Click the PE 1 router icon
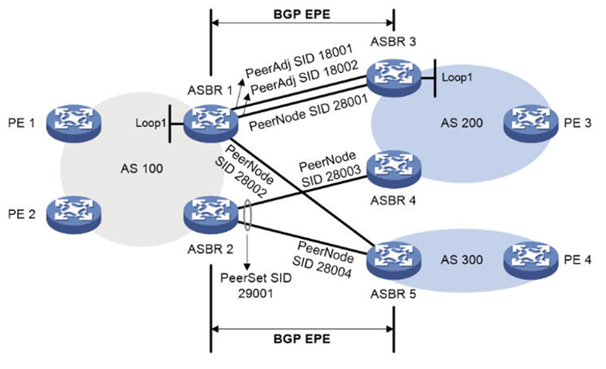click(x=71, y=119)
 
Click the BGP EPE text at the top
click(x=301, y=13)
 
